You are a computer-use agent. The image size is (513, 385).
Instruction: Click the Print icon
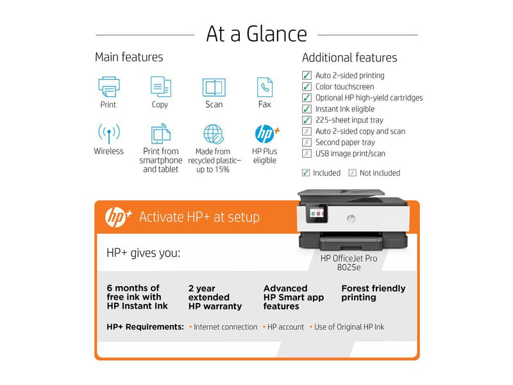coord(108,86)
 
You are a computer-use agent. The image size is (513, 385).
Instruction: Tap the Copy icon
coord(160,86)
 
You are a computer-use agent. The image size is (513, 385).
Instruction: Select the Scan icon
coord(214,87)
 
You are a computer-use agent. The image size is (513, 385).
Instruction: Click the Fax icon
coord(264,87)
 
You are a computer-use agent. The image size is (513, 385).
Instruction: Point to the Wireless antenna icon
coord(108,133)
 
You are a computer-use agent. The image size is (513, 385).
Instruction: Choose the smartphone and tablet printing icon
coord(160,133)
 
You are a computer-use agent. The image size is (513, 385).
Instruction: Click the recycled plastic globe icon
coord(214,133)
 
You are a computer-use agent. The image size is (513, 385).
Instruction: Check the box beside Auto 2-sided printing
coord(307,76)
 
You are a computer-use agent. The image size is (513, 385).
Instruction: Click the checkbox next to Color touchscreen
coord(307,87)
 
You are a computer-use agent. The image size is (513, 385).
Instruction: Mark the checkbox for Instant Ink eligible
coord(307,109)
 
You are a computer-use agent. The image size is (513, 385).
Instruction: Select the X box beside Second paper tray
coord(307,142)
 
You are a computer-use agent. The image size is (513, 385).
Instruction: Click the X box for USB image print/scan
coord(307,154)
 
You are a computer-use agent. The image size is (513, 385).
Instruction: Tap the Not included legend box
coord(352,173)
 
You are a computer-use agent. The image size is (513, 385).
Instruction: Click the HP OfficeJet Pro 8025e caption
coord(349,263)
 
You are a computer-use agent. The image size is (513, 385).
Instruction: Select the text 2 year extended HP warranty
coord(215,297)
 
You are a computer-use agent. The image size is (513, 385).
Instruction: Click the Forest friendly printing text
coord(373,293)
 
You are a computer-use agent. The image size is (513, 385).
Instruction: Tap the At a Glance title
coord(256,33)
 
